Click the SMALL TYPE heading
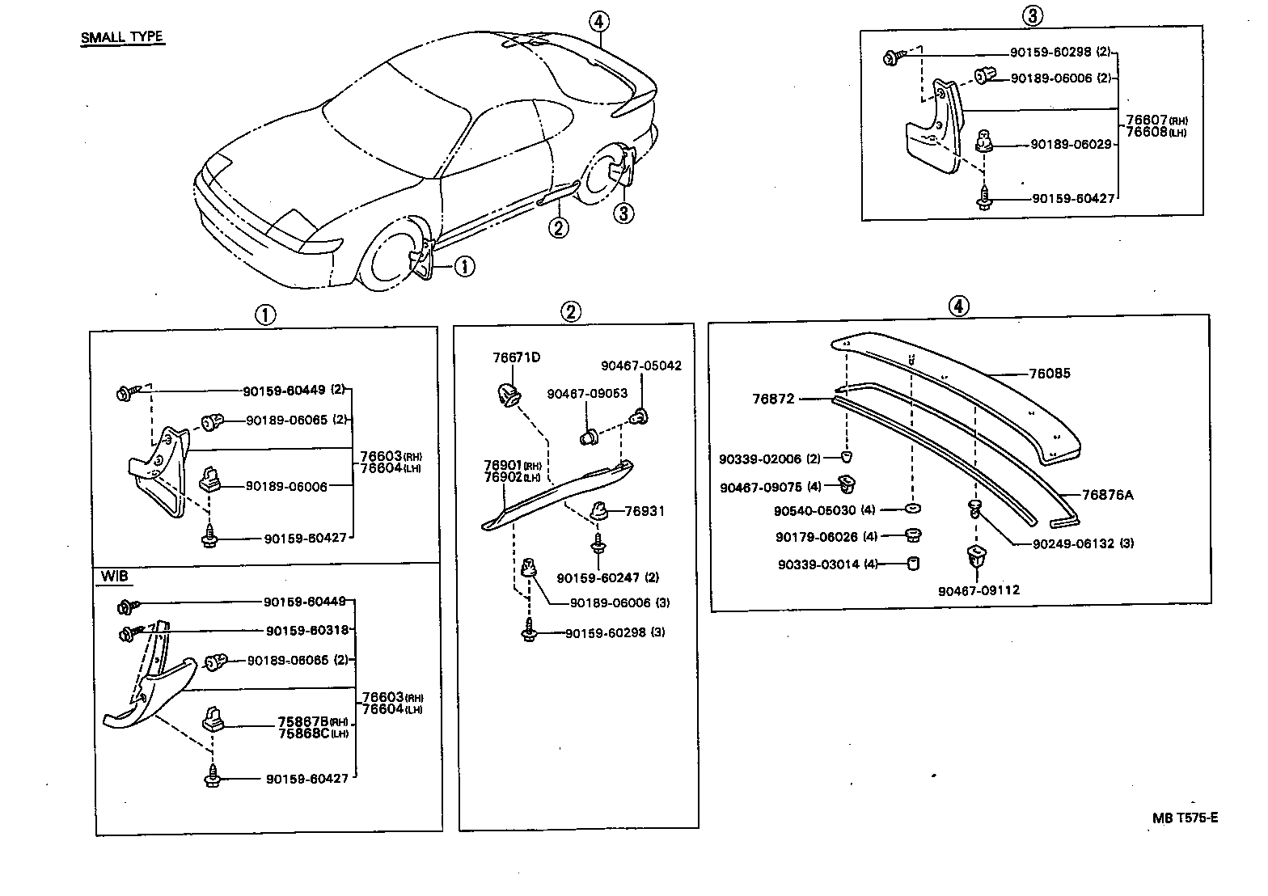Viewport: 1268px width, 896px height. point(121,37)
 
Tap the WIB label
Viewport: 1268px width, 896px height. point(115,577)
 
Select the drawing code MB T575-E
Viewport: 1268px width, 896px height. point(1185,818)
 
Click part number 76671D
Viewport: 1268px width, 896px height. point(517,357)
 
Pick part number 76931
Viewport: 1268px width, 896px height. point(645,511)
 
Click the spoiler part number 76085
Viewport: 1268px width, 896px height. point(1049,374)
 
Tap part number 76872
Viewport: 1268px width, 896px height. point(773,399)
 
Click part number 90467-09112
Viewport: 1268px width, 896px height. point(978,590)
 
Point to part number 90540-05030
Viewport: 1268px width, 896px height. point(814,511)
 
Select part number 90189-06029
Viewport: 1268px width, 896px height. point(1072,144)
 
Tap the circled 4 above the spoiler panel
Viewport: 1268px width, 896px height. point(957,306)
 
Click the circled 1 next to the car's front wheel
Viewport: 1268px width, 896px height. point(464,266)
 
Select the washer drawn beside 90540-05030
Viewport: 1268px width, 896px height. point(911,509)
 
